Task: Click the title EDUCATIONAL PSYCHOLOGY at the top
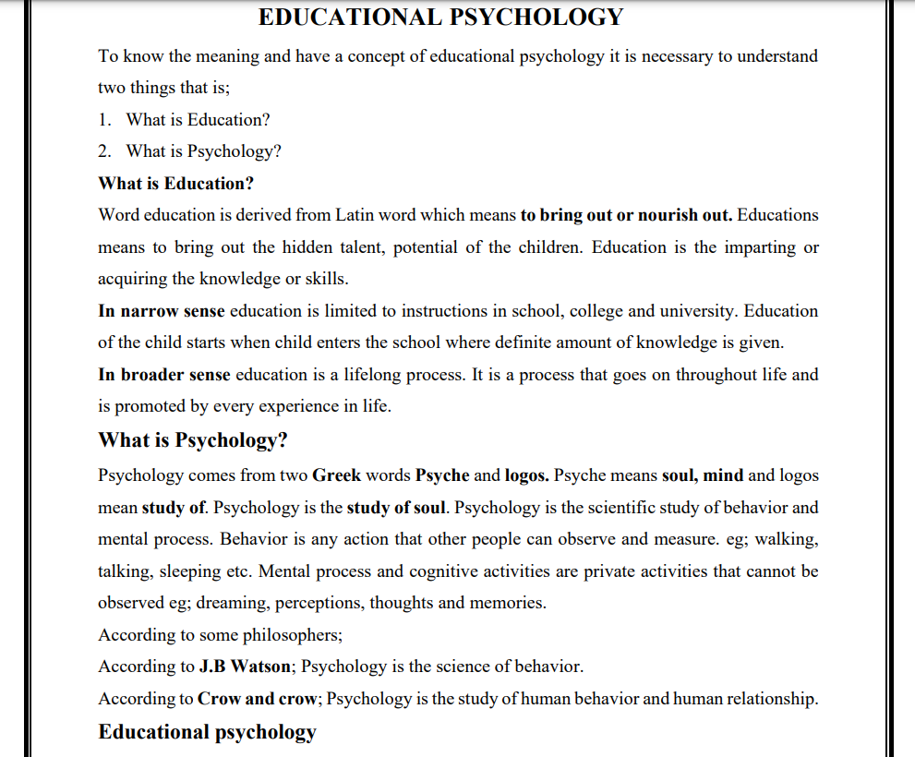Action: point(441,18)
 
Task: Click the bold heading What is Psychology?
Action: point(193,440)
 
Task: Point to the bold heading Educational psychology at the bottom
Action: point(207,732)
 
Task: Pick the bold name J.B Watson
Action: point(245,667)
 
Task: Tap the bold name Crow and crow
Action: point(258,699)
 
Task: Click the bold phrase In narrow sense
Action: point(162,311)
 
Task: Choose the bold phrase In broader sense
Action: point(164,375)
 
